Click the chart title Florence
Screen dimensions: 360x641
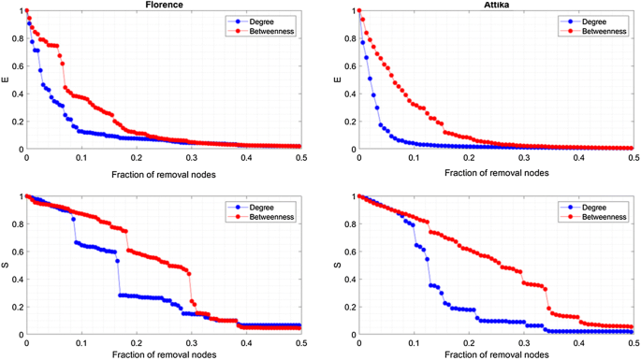tap(164, 5)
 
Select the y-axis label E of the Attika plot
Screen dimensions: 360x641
tap(338, 79)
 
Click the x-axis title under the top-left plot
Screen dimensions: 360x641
tap(164, 174)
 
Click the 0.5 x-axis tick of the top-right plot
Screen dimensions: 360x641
tap(632, 158)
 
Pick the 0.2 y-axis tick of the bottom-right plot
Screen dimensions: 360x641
tap(347, 307)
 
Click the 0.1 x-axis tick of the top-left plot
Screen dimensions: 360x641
tap(80, 158)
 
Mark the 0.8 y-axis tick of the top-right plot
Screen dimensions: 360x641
tap(347, 38)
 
